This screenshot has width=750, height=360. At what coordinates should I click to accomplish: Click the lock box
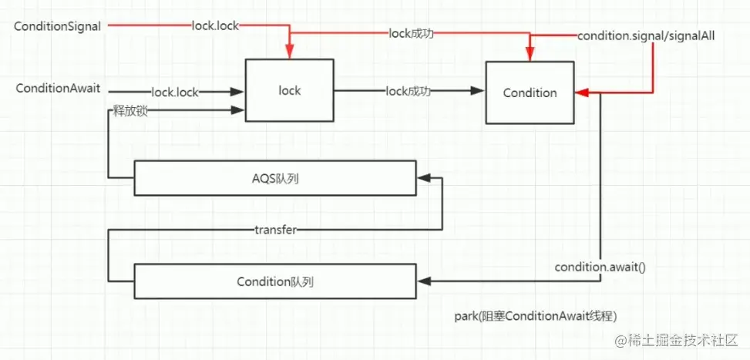[289, 91]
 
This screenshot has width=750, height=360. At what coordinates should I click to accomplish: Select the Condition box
[530, 93]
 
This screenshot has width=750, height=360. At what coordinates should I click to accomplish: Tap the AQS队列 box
[275, 177]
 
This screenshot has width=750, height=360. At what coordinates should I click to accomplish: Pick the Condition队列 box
[275, 281]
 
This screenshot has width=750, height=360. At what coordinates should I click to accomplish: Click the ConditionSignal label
[58, 27]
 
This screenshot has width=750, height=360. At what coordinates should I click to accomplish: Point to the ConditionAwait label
[58, 89]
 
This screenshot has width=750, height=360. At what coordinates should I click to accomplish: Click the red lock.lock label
[216, 26]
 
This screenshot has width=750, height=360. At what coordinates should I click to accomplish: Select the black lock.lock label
[175, 93]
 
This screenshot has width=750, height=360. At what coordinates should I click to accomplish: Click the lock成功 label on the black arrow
[408, 92]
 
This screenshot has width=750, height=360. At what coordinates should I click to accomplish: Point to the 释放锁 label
[129, 113]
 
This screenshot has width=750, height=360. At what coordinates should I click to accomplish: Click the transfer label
[275, 230]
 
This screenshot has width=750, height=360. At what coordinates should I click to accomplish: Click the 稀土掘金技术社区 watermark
[678, 339]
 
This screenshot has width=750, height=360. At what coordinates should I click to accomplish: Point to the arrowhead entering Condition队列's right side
[422, 281]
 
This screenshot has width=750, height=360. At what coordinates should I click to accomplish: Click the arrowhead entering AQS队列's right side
[422, 178]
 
